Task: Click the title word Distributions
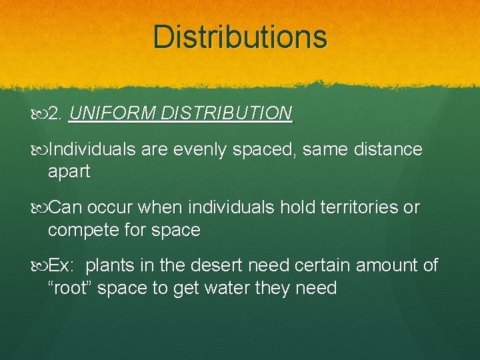coord(240,37)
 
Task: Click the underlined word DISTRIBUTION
coord(226,113)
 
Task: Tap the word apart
coord(69,172)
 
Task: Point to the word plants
coord(111,265)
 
